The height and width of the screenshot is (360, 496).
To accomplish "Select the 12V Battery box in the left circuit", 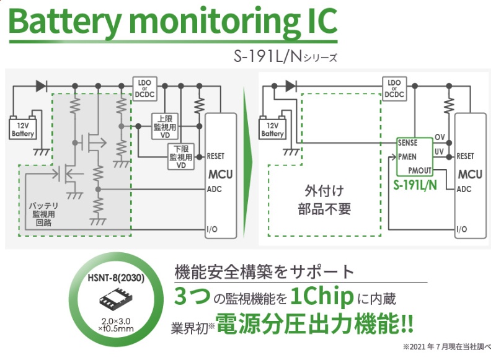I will pos(24,129).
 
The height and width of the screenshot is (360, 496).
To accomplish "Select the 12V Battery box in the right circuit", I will pos(272,129).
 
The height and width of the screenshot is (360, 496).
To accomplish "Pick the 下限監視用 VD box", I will pos(182,156).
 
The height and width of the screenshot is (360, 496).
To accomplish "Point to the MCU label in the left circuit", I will pos(220,174).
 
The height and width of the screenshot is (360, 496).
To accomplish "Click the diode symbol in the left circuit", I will pos(42,86).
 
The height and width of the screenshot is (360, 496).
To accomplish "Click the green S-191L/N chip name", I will pos(415,184).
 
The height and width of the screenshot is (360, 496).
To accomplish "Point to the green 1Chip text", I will pos(322,298).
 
